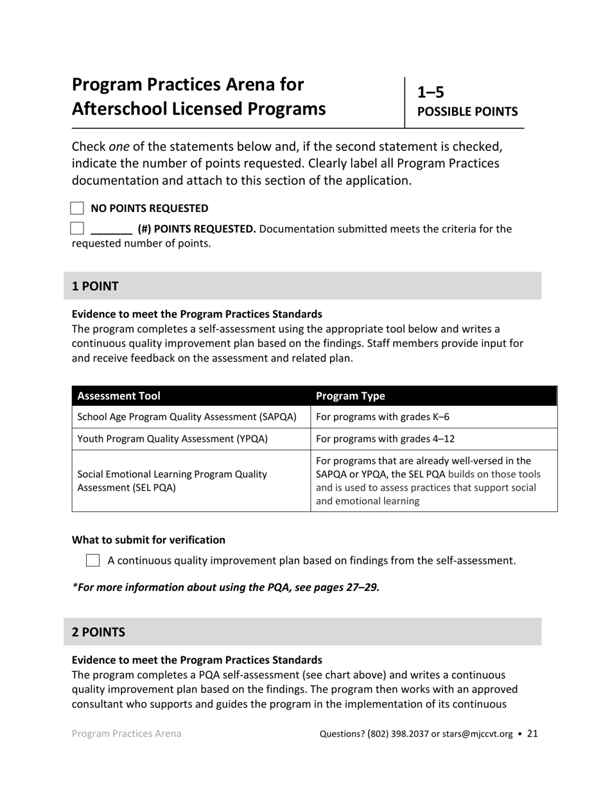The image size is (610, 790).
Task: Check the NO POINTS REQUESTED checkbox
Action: click(x=77, y=208)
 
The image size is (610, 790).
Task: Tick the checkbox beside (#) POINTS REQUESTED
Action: click(x=77, y=228)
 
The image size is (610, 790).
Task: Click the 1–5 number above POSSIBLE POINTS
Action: click(x=431, y=92)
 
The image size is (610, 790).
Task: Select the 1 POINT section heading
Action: click(x=95, y=286)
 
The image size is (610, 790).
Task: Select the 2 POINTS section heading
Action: click(x=98, y=632)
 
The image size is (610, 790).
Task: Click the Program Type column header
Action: click(x=351, y=396)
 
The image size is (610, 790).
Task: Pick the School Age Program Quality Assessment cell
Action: click(x=187, y=417)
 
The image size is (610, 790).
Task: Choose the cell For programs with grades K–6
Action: click(x=383, y=417)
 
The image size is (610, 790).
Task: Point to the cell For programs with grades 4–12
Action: click(x=386, y=439)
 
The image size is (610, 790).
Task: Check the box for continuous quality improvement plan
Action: click(x=92, y=561)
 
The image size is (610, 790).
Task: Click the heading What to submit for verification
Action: click(x=148, y=540)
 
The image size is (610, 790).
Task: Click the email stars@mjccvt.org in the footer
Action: click(x=476, y=733)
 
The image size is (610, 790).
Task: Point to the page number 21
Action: click(x=532, y=733)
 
